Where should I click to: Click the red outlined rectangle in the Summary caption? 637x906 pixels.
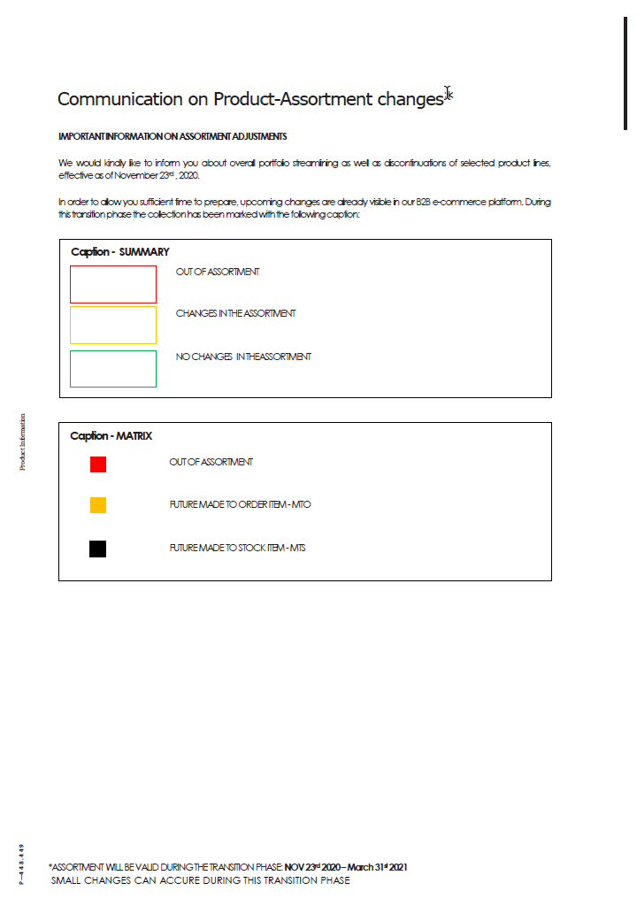tap(113, 284)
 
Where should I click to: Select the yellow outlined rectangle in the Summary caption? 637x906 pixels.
tap(113, 325)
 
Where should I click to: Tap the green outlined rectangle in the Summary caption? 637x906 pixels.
tap(113, 369)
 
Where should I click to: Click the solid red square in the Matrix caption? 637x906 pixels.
tap(97, 464)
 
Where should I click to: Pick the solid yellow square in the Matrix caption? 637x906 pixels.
tap(97, 505)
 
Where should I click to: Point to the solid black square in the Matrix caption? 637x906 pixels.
tap(97, 549)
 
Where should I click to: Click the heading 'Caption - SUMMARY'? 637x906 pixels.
tap(119, 252)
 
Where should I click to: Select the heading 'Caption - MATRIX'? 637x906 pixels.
tap(111, 436)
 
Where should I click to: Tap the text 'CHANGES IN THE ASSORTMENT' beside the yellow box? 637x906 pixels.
tap(235, 313)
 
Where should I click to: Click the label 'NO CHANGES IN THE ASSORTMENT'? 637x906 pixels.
tap(243, 357)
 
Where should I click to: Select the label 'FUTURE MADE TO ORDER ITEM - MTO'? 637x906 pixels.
tap(240, 504)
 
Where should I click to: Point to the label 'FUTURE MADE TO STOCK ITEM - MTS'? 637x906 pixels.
tap(237, 548)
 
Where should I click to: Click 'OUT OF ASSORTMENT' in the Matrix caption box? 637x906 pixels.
tap(211, 462)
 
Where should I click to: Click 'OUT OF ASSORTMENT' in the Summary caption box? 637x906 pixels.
tap(218, 272)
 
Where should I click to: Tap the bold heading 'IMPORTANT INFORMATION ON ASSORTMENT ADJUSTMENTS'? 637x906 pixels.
tap(173, 136)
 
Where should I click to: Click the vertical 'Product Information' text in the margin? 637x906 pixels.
tap(22, 441)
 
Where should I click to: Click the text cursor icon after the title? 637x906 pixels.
tap(449, 94)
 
